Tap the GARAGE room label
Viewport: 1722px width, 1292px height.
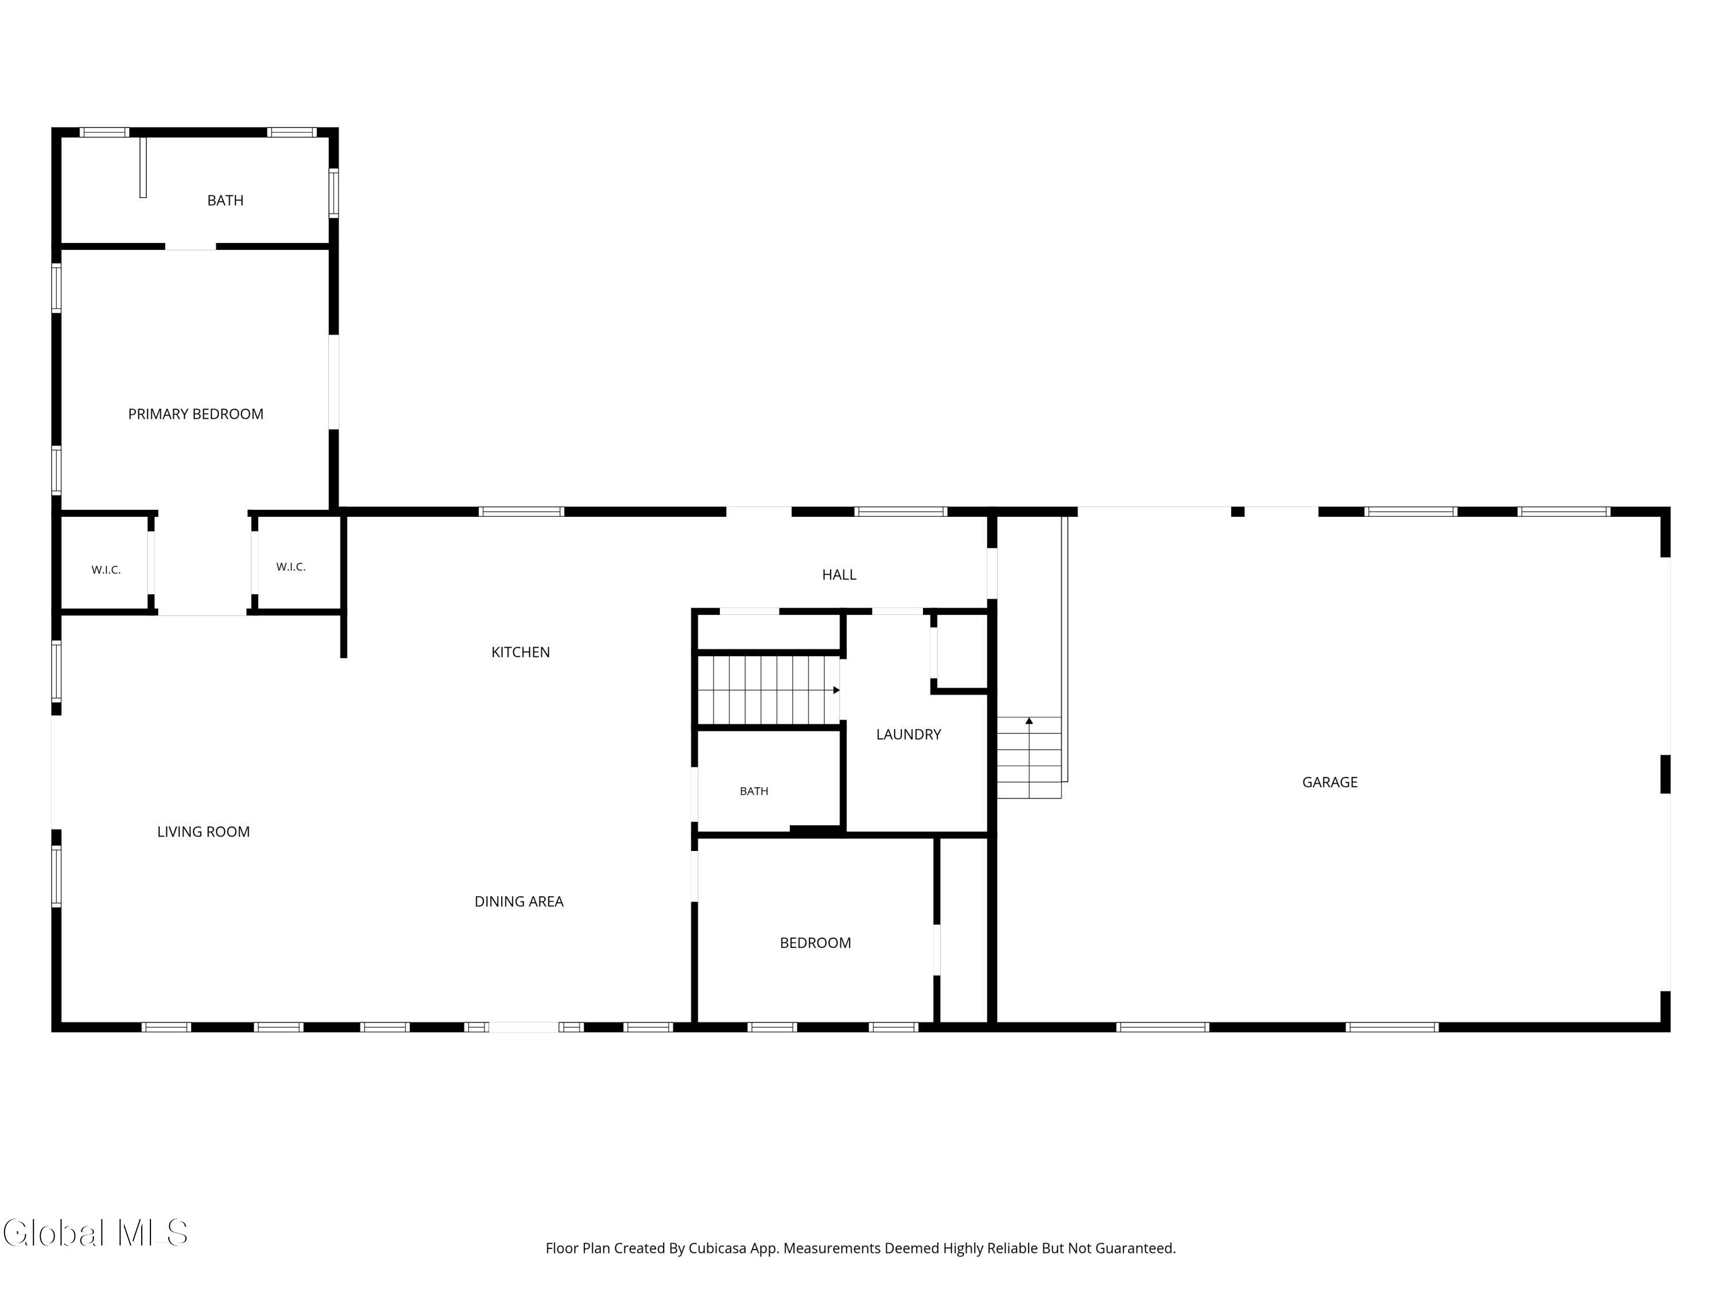tap(1329, 783)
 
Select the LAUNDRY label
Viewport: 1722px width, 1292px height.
tap(909, 734)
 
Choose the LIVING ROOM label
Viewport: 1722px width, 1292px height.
tap(203, 831)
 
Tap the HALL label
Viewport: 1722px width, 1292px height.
tap(839, 575)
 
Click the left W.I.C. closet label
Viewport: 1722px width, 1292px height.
tap(106, 570)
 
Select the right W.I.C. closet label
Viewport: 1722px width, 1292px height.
tap(290, 567)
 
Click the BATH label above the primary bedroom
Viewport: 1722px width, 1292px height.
tap(225, 201)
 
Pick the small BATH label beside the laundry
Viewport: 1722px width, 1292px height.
tap(754, 791)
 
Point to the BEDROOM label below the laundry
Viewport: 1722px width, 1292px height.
tap(815, 943)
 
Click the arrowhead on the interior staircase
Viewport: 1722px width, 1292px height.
tap(837, 690)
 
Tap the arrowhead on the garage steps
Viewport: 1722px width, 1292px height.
tap(1029, 721)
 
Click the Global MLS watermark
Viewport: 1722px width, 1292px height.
tap(95, 1233)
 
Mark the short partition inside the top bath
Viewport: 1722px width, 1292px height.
tap(143, 168)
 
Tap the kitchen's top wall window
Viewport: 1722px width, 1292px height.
tap(521, 512)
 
